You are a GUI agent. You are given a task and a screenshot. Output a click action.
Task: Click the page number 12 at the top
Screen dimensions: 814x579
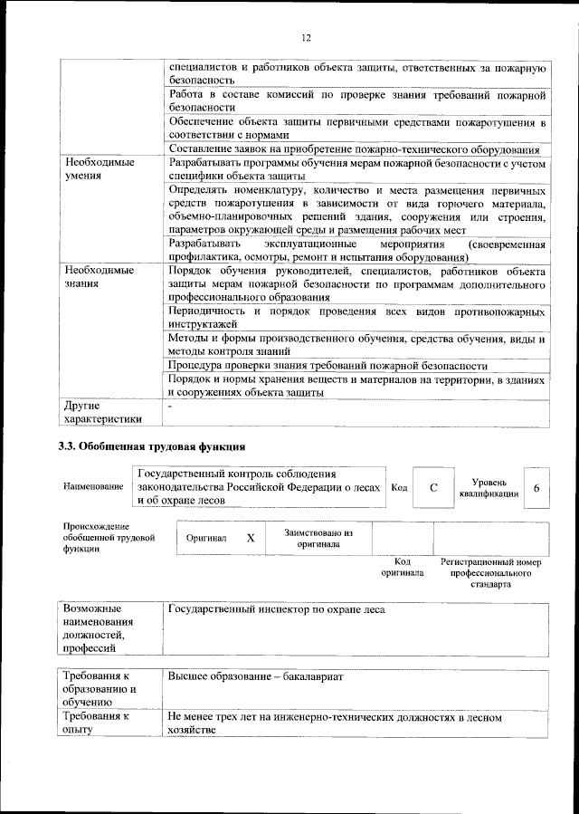[306, 37]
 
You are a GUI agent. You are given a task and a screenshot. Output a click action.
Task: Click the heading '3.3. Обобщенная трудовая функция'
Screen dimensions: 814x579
[151, 446]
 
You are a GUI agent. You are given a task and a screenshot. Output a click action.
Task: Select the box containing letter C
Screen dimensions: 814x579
[433, 488]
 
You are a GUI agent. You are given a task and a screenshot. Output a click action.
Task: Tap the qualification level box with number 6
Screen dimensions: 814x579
[536, 488]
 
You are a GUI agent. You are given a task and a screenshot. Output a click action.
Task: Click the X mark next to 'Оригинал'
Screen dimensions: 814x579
[251, 538]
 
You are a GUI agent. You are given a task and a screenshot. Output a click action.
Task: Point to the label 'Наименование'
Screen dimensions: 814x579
[93, 488]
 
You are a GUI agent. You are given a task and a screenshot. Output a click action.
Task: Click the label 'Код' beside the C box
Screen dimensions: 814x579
[399, 488]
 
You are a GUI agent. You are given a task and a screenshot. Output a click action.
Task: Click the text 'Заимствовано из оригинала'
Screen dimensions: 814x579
[318, 539]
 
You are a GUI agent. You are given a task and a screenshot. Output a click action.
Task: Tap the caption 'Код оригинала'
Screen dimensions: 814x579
[402, 568]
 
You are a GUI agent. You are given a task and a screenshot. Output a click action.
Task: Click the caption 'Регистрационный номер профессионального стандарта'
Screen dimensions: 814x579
[490, 573]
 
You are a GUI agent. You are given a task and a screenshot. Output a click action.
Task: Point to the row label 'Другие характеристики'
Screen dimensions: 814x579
[100, 412]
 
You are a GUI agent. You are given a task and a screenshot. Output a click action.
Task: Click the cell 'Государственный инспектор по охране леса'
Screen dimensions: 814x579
[277, 609]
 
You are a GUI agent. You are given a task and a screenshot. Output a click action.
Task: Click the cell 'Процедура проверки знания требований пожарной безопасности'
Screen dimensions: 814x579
[327, 366]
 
